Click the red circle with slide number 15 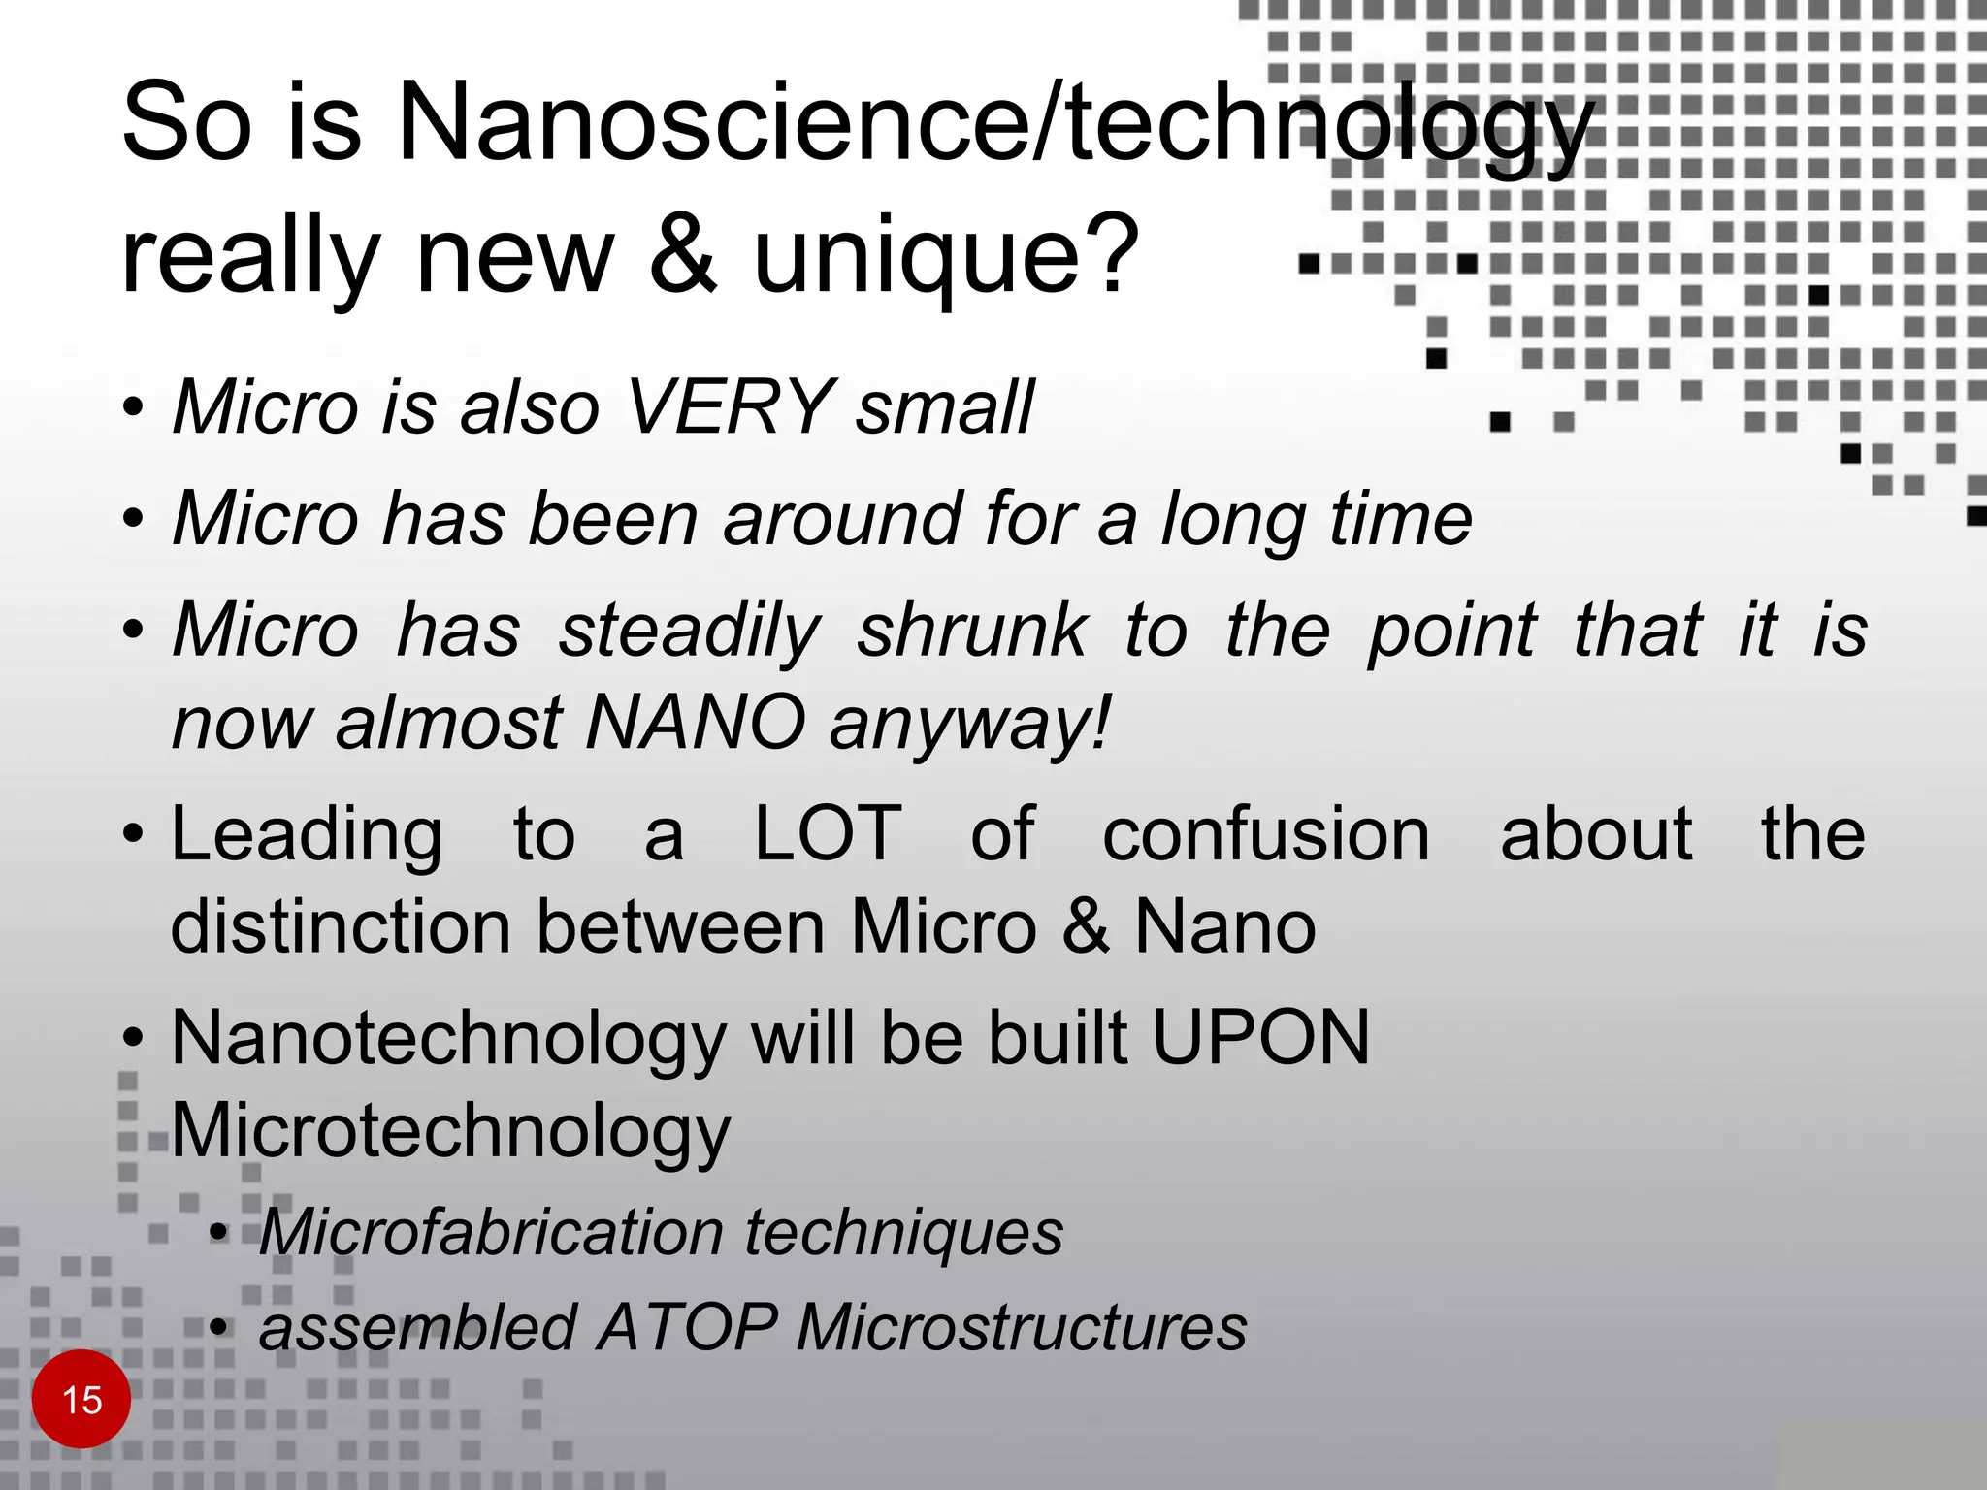[x=81, y=1399]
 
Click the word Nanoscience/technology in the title [x=994, y=124]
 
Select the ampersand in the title [x=685, y=254]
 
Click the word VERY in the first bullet [x=729, y=406]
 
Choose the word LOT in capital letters [x=828, y=833]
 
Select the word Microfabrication [x=490, y=1232]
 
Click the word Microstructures [x=1022, y=1326]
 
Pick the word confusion [x=1266, y=834]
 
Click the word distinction [x=341, y=926]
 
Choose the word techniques [x=903, y=1232]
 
